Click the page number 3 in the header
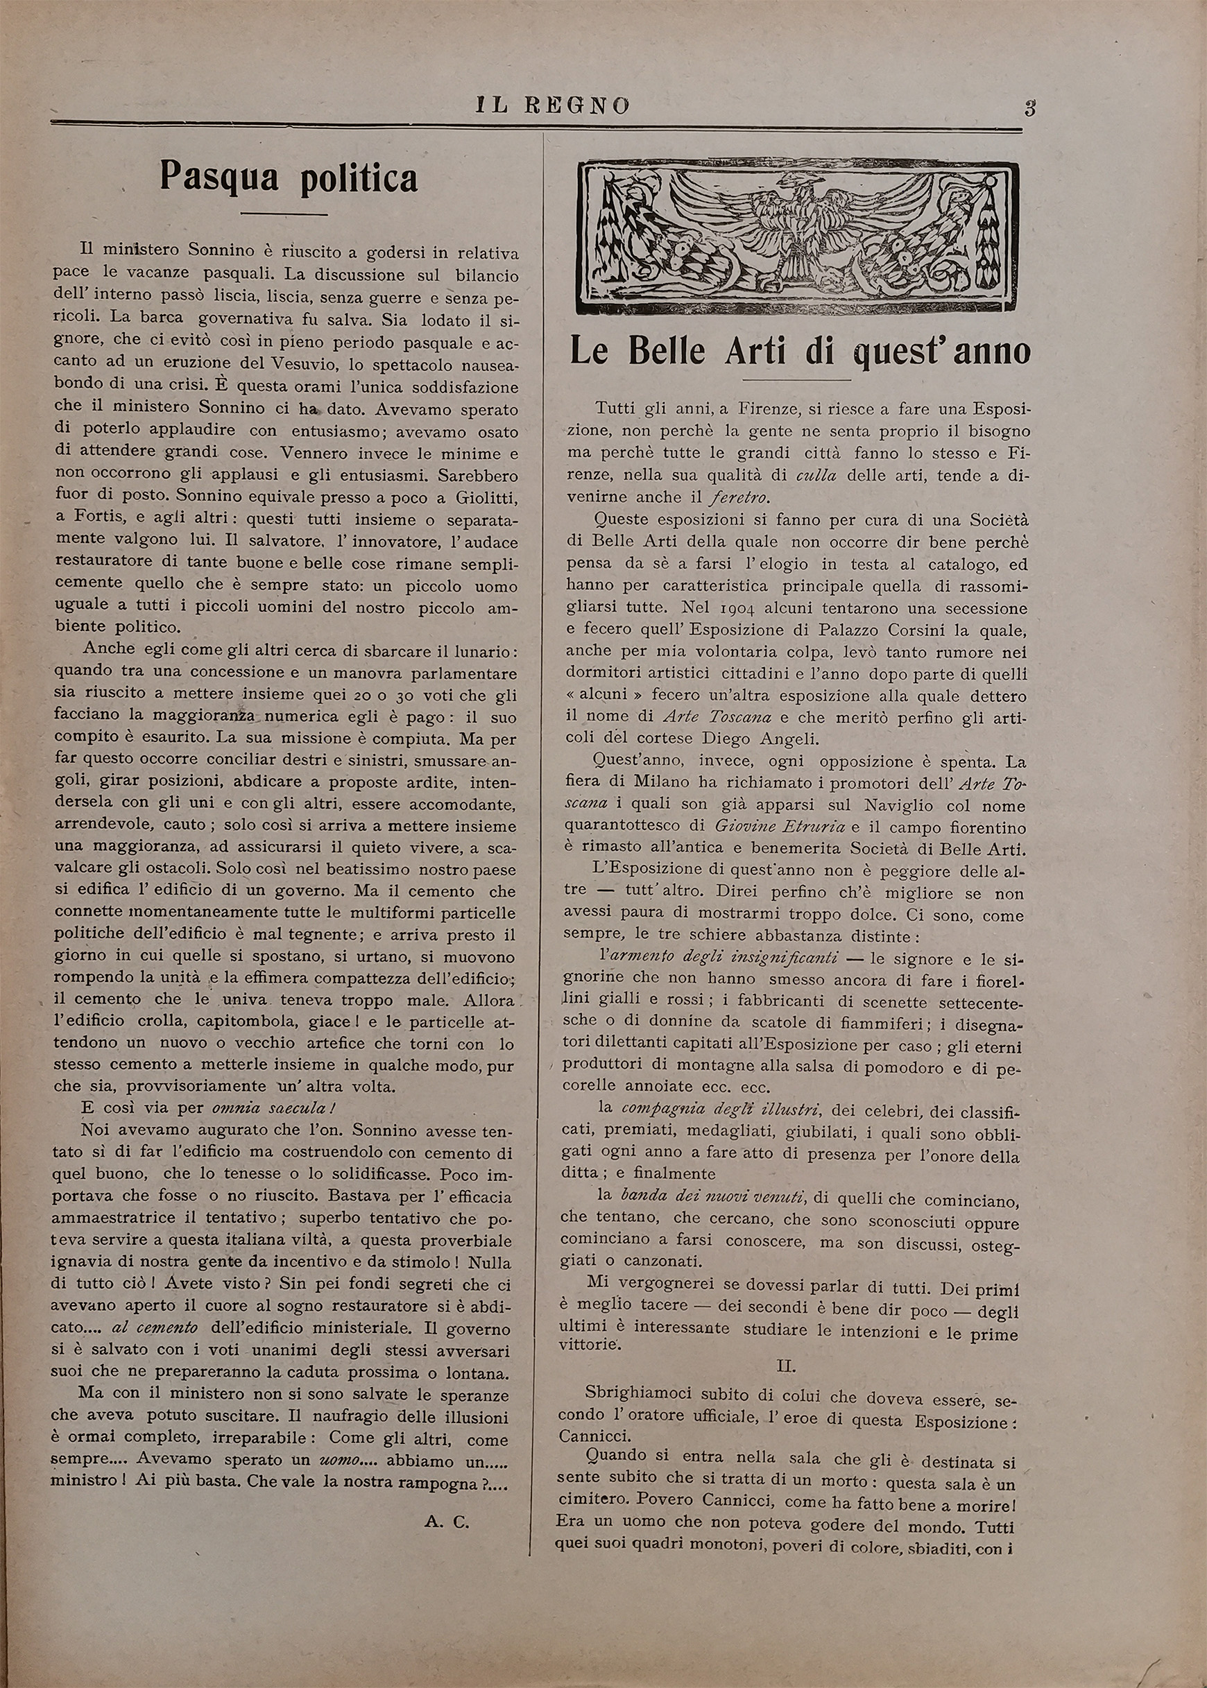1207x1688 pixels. coord(1029,107)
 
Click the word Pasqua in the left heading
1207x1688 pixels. coord(219,178)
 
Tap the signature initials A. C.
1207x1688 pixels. coord(447,1522)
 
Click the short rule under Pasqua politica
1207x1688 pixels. coord(284,215)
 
